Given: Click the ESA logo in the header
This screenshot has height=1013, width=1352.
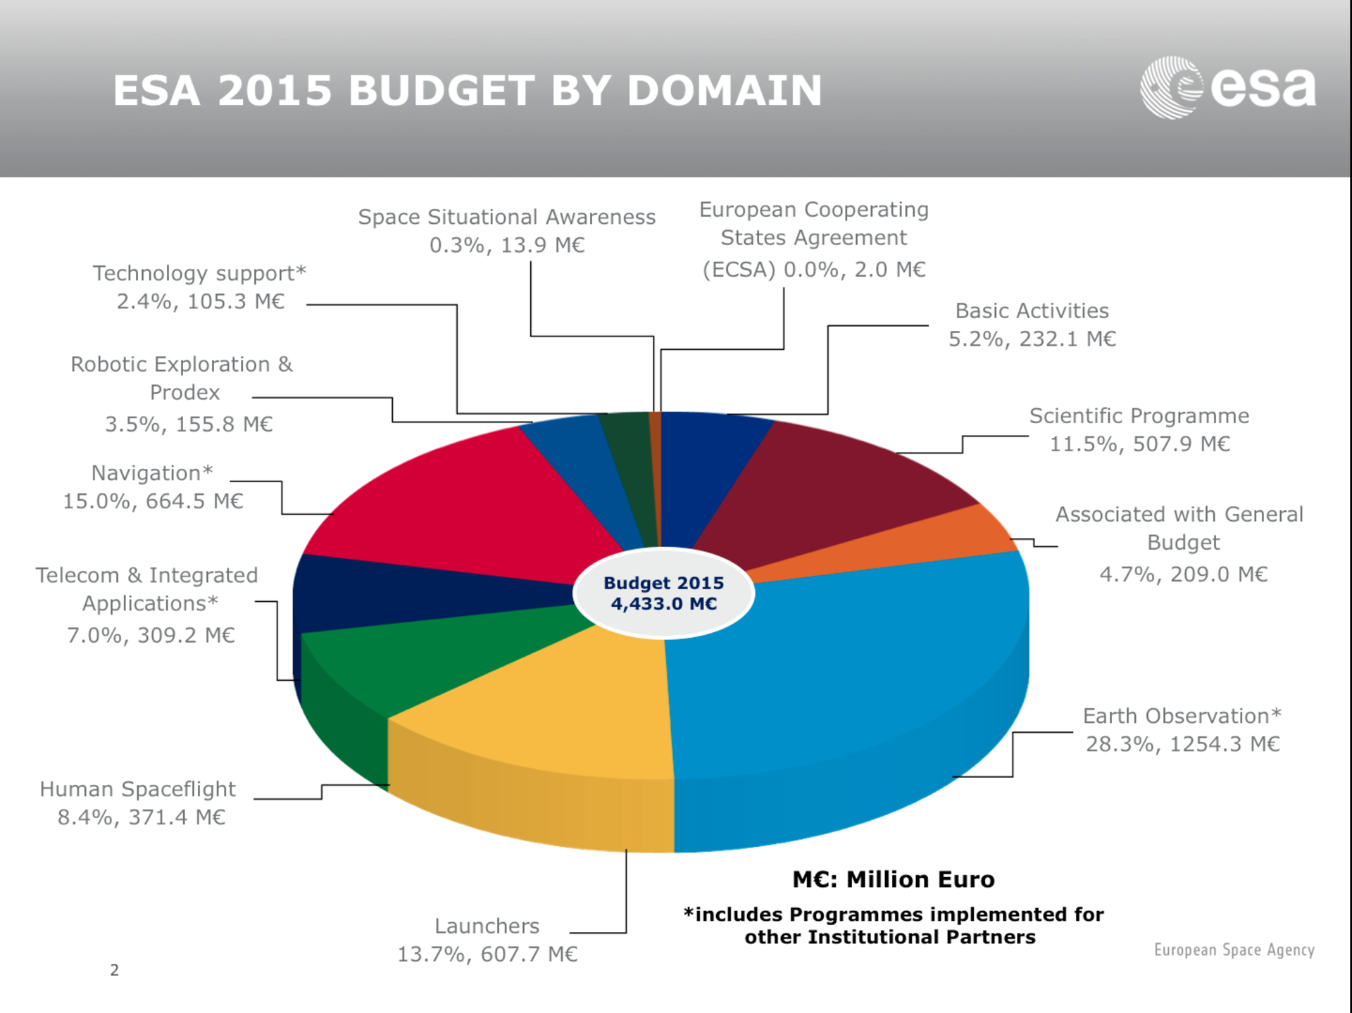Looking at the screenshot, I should [1227, 88].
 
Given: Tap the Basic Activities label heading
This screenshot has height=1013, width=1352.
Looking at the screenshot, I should [1032, 310].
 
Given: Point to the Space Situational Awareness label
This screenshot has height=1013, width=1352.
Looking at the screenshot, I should [506, 217].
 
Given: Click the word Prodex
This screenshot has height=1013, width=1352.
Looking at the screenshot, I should [184, 392].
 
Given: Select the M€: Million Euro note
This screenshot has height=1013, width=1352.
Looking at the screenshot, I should [893, 879].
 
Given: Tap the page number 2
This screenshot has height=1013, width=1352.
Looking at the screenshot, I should [115, 970].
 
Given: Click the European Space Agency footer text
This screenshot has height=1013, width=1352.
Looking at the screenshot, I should [1234, 950].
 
